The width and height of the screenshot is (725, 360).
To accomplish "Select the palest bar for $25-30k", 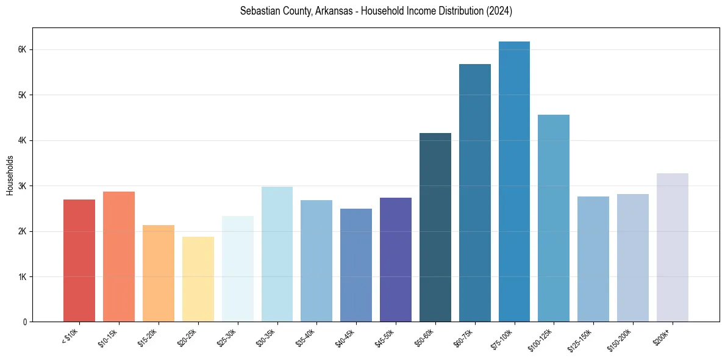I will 238,268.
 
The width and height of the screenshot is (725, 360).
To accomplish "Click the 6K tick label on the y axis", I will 23,49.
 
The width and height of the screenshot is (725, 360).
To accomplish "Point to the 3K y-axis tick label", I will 23,186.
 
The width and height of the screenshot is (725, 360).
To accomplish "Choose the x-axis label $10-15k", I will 109,337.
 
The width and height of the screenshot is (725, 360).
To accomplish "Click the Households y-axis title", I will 10,175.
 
